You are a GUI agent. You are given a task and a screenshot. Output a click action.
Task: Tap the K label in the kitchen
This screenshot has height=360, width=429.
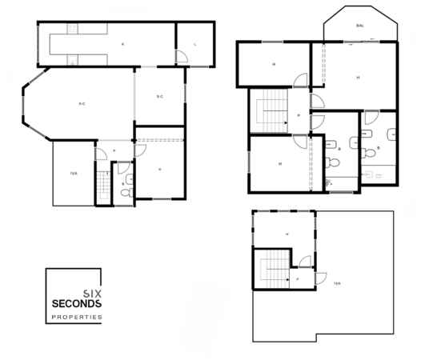[122, 44]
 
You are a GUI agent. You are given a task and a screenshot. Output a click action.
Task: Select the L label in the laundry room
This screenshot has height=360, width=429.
[195, 44]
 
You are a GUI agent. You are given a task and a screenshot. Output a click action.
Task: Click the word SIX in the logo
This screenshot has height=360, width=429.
[92, 294]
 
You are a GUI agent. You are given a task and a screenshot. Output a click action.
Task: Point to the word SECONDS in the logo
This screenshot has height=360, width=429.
[76, 305]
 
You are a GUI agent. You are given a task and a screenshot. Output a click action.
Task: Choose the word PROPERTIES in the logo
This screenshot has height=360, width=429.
[76, 318]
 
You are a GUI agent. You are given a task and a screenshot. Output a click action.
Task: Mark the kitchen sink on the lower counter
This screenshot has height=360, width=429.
[73, 58]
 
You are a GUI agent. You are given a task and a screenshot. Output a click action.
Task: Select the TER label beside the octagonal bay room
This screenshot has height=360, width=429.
[74, 174]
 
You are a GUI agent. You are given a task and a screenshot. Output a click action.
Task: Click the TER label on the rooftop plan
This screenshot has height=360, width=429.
[337, 283]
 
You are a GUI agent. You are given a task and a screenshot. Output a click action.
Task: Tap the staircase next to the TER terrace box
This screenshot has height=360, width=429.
[102, 186]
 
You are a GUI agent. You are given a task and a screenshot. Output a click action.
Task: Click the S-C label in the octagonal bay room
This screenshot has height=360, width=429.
[82, 105]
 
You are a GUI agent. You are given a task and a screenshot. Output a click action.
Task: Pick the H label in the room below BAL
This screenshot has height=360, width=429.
[358, 77]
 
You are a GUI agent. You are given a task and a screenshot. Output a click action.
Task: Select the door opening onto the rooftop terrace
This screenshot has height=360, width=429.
[320, 280]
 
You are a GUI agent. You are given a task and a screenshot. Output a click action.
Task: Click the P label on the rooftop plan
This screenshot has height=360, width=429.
[298, 279]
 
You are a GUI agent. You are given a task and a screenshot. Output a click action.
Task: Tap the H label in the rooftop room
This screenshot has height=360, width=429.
[286, 234]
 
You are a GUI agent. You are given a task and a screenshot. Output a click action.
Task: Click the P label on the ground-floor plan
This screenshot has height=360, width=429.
[114, 150]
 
